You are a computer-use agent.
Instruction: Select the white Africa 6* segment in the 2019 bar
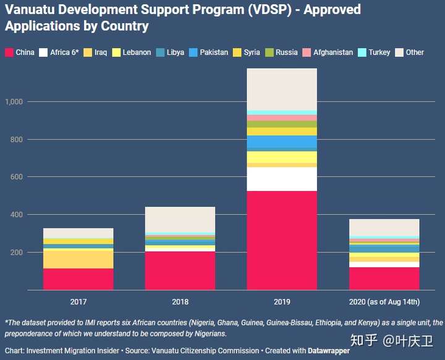(282, 179)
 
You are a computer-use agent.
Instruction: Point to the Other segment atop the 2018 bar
(180, 220)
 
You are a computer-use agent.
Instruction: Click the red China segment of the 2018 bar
(180, 270)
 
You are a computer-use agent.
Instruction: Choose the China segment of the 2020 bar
(384, 278)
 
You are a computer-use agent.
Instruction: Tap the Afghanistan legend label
(333, 53)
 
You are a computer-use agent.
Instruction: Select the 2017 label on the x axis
(78, 302)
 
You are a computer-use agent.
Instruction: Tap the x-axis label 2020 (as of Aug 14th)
(384, 302)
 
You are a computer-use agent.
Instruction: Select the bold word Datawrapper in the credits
(329, 351)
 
